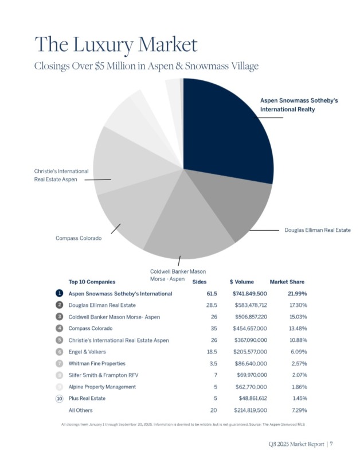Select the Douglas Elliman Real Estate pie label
point(317,230)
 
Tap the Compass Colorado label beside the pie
point(79,238)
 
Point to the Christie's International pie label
point(61,176)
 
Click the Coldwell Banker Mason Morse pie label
point(177,275)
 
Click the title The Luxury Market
point(116,44)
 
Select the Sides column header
point(199,282)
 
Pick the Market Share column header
point(287,282)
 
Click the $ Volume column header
point(241,282)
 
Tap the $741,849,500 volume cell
point(249,294)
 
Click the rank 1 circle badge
point(59,294)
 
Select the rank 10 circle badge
point(59,398)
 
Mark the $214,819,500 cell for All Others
point(249,410)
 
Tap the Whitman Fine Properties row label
point(97,364)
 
